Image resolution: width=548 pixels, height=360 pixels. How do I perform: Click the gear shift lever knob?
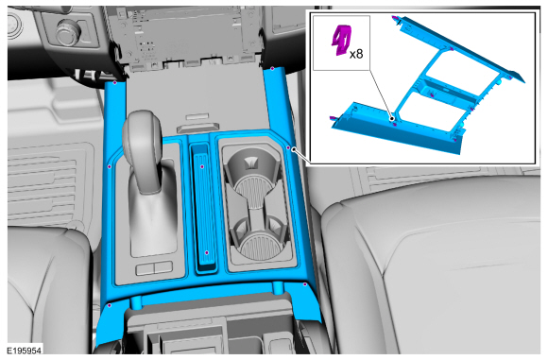pos(142,134)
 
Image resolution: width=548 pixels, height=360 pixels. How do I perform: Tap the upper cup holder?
pos(252,170)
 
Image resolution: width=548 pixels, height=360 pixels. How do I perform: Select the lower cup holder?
pos(258,238)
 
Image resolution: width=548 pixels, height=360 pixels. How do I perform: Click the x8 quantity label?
pos(356,54)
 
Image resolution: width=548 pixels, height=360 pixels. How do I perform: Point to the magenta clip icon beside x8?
pos(341,40)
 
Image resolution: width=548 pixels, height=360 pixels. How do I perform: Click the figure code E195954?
pos(25,351)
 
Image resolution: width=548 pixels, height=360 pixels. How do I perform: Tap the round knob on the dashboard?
pos(68,32)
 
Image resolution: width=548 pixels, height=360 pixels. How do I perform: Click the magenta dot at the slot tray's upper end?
pos(202,166)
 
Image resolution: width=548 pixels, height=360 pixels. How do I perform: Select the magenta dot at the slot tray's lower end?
pos(207,252)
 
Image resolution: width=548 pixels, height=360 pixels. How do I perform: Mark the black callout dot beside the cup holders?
pos(294,149)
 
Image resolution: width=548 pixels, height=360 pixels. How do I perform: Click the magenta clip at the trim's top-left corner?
pos(114,82)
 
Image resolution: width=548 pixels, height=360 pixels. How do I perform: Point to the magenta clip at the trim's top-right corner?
pos(272,68)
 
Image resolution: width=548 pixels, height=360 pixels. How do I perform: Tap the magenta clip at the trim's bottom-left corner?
pos(110,305)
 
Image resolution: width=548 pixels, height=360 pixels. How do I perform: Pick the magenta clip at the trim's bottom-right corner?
pos(305,284)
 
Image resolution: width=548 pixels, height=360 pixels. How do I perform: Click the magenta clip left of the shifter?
pos(110,166)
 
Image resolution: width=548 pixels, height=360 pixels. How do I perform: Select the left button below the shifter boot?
pos(145,268)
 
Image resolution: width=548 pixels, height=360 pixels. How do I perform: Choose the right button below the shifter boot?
pos(163,267)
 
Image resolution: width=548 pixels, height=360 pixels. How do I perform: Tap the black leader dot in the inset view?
pos(392,119)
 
